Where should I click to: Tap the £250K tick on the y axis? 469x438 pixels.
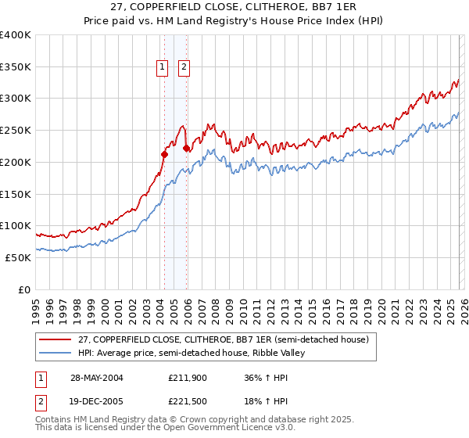click(x=16, y=130)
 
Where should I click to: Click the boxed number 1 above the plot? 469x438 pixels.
click(x=163, y=67)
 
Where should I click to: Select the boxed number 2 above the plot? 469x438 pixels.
click(x=184, y=67)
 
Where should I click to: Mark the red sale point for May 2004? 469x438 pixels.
click(x=164, y=154)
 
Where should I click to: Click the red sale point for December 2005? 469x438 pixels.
click(x=186, y=148)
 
